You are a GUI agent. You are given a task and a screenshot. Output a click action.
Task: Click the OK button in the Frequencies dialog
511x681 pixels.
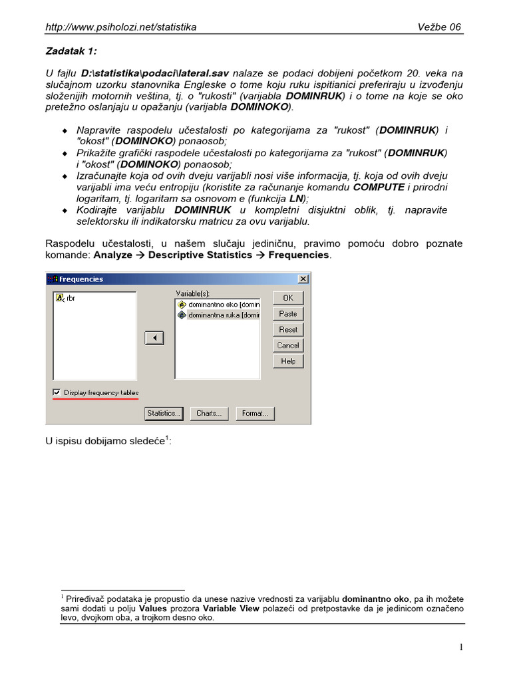coord(288,298)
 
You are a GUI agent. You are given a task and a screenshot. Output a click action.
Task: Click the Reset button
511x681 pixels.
coord(288,330)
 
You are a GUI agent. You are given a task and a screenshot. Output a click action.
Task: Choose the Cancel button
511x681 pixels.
coord(288,346)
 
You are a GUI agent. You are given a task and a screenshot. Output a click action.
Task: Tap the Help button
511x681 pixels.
coord(288,361)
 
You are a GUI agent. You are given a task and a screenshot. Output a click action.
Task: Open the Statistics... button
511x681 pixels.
coord(164,414)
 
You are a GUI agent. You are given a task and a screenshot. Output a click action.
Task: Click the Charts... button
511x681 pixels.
coord(209,414)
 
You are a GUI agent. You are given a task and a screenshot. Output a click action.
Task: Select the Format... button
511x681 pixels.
coord(255,414)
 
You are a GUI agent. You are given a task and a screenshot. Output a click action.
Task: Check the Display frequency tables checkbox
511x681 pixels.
coord(57,393)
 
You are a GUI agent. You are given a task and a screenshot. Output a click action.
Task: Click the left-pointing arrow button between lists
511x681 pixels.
coord(154,339)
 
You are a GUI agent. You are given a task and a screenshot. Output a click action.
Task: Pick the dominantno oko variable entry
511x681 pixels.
coord(219,305)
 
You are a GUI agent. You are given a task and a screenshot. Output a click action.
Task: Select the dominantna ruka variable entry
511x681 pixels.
coord(219,315)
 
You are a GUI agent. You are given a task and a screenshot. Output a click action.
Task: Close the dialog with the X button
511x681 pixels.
coord(303,279)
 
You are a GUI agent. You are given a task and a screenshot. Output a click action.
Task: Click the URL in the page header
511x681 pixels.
coord(120,27)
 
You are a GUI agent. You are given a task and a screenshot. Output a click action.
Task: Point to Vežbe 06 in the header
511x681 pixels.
coord(439,27)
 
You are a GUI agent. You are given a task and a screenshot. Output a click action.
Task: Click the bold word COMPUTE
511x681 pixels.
coord(378,188)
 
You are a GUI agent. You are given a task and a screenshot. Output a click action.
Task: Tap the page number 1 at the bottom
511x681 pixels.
coord(460,647)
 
